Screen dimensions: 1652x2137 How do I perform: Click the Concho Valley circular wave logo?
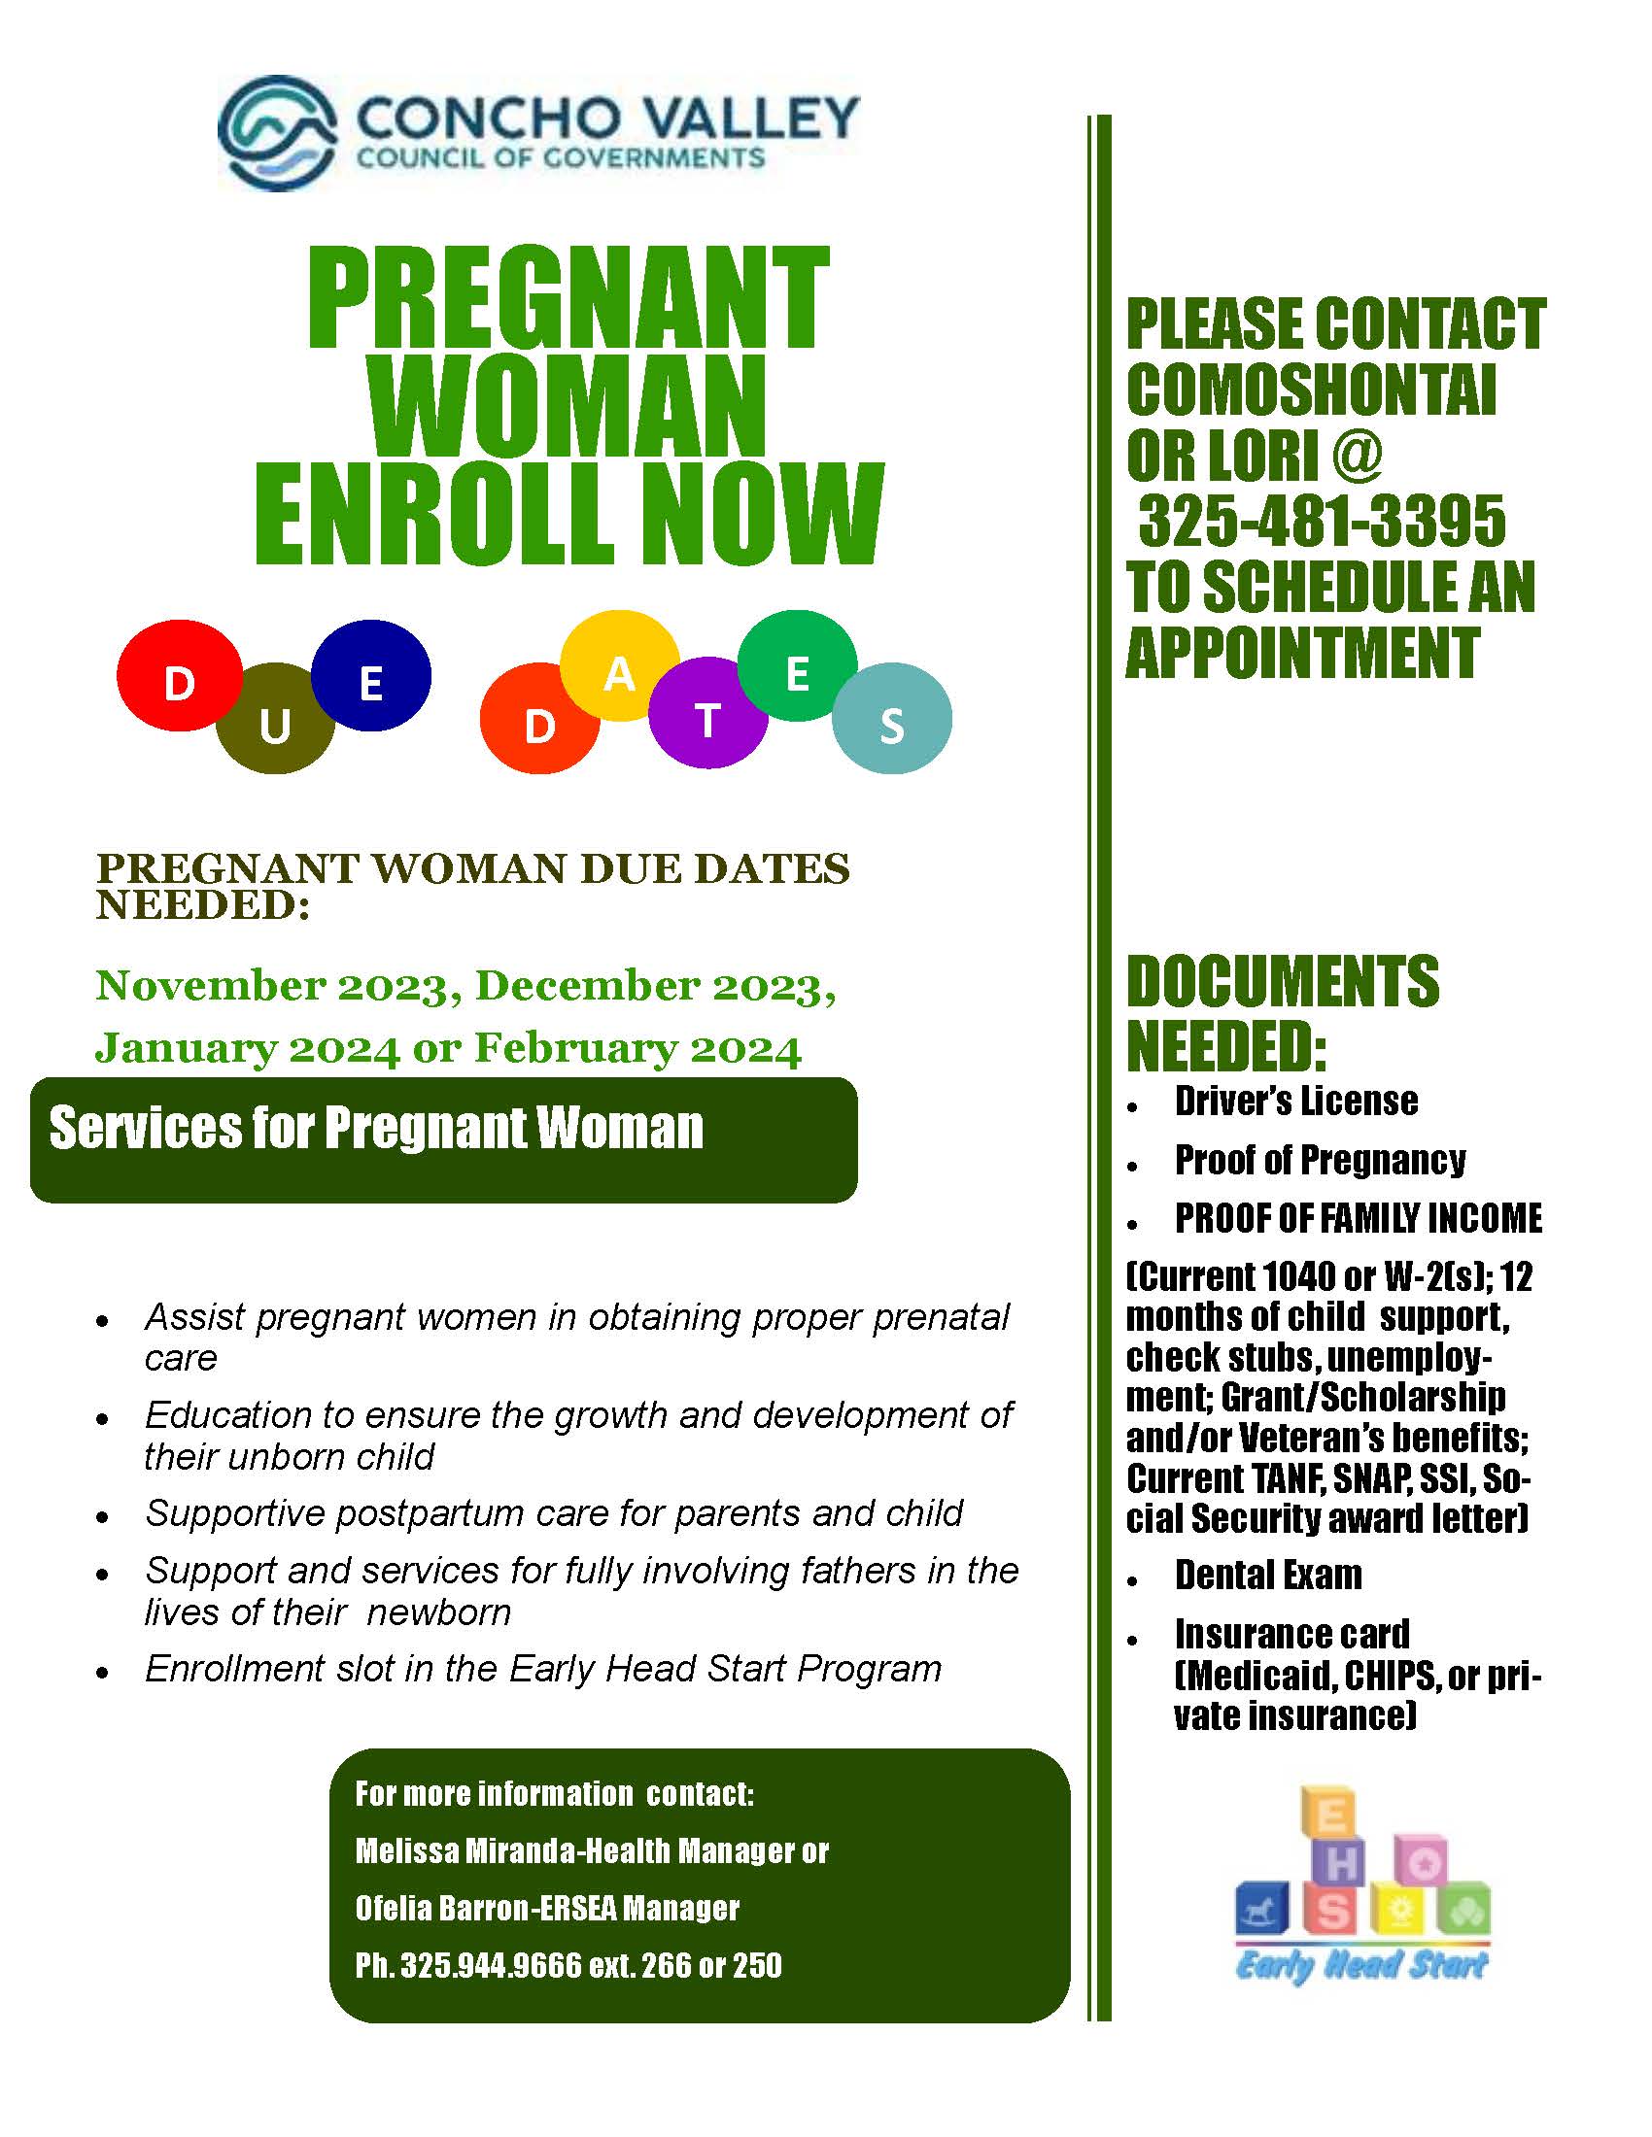click(x=278, y=133)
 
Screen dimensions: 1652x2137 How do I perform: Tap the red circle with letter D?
click(x=179, y=676)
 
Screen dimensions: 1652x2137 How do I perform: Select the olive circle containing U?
click(x=275, y=719)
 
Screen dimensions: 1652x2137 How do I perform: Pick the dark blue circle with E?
click(x=371, y=676)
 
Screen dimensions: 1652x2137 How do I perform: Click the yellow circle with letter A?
click(x=620, y=666)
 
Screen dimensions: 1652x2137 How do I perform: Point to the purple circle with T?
click(x=707, y=712)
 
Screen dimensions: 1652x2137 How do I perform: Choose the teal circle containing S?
click(x=891, y=719)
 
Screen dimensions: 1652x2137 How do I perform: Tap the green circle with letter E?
click(x=798, y=666)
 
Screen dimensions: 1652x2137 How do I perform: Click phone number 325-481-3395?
click(x=1323, y=521)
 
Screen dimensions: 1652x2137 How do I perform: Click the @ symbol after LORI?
click(x=1358, y=455)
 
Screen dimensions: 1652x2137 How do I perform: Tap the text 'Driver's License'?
click(x=1296, y=1102)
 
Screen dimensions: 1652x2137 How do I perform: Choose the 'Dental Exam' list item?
click(x=1268, y=1576)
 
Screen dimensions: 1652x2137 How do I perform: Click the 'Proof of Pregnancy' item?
click(x=1321, y=1161)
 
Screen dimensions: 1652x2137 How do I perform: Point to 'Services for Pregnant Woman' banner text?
click(x=377, y=1128)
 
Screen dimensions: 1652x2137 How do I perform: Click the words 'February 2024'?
click(x=638, y=1049)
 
